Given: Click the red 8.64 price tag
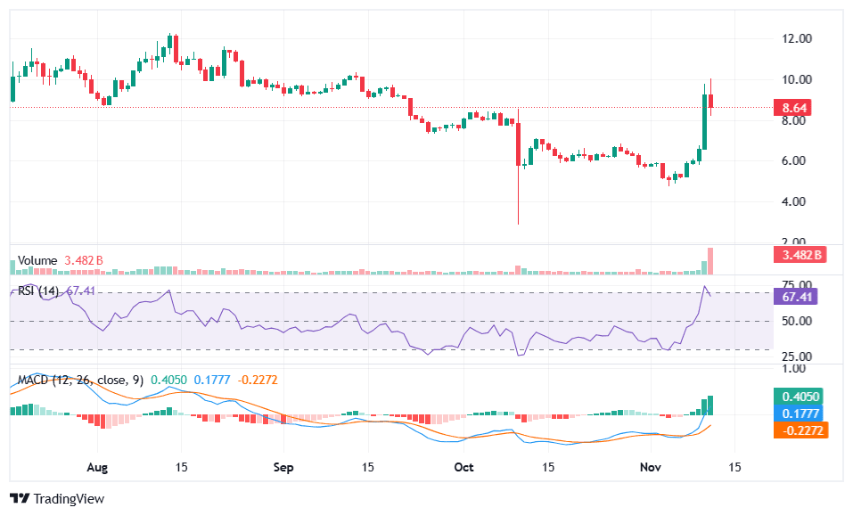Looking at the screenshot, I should tap(796, 108).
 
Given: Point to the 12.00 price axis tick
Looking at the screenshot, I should tap(796, 39).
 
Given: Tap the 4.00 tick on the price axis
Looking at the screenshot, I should tap(796, 201).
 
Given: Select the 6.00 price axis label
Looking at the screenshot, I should tap(796, 160).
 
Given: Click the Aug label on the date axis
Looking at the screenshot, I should tap(99, 467).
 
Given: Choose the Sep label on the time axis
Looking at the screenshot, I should tap(283, 467).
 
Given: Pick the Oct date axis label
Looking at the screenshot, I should tap(463, 467).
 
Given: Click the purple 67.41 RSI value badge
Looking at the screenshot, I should tap(796, 297).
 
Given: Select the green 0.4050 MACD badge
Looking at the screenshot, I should tap(796, 397).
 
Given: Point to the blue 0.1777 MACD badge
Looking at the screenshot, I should tap(796, 414).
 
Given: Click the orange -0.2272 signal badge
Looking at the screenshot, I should tap(796, 430).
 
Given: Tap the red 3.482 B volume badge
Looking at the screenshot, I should tap(796, 256).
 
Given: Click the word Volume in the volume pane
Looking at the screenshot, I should tap(37, 260).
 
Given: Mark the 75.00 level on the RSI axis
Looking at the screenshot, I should tap(796, 284).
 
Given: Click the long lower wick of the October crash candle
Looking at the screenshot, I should tap(518, 196).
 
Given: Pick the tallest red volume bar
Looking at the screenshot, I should tap(711, 261).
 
